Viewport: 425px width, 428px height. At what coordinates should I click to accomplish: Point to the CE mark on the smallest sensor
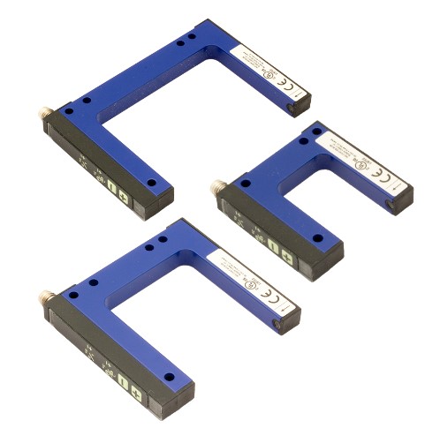(383, 176)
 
